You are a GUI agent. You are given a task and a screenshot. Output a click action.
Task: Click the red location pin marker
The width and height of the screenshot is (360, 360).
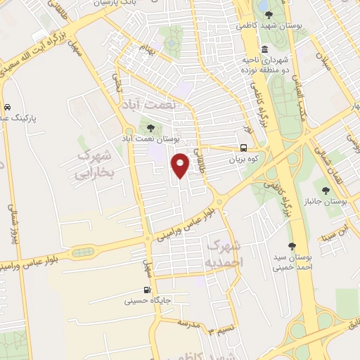[181, 165]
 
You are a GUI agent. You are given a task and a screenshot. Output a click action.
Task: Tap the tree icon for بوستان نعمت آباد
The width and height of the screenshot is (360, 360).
[150, 127]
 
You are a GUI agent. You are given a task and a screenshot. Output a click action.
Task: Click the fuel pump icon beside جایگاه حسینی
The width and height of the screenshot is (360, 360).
[147, 289]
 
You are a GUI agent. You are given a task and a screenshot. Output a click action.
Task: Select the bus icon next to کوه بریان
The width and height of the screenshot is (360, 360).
[243, 148]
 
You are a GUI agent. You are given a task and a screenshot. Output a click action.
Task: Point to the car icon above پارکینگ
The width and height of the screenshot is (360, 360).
[6, 108]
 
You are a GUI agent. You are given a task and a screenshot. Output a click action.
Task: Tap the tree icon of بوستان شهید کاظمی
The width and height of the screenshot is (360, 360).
[268, 14]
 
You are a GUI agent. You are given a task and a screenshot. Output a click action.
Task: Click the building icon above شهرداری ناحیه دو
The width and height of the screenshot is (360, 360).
[264, 49]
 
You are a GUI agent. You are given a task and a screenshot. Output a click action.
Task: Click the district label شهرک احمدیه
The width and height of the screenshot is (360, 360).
[226, 252]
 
